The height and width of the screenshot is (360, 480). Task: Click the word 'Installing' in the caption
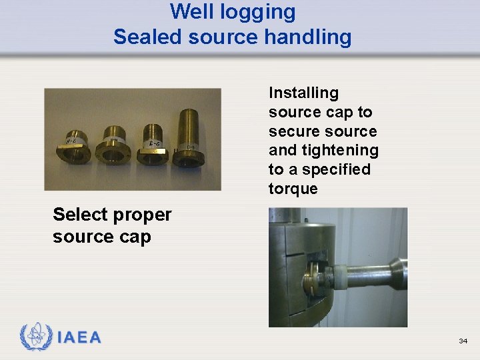(303, 93)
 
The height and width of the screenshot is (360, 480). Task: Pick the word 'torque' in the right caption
(293, 189)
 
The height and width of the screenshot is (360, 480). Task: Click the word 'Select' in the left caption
(80, 215)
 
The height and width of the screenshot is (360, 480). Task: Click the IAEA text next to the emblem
(79, 338)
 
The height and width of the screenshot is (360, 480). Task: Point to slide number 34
(463, 341)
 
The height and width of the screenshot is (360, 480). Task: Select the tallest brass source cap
(189, 136)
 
